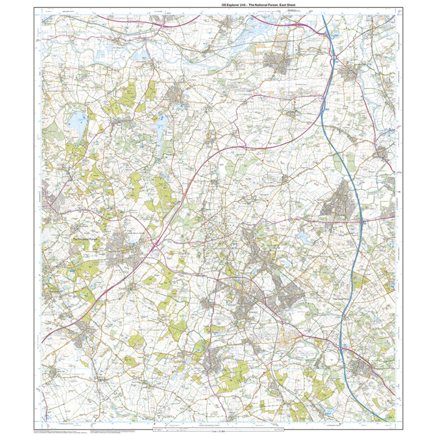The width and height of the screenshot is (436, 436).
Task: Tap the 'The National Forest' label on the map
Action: pyautogui.click(x=85, y=240)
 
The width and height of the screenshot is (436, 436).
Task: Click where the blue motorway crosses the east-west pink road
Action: pyautogui.click(x=361, y=222)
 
